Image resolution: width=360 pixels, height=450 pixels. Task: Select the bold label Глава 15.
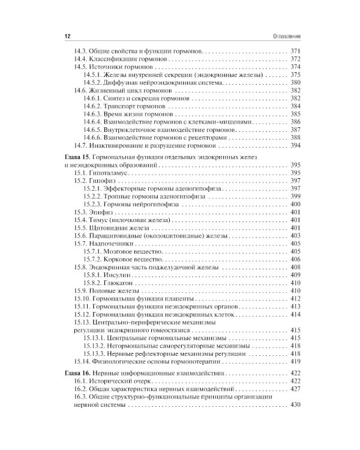[x=77, y=155]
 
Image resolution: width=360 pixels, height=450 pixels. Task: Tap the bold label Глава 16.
[x=77, y=373]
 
